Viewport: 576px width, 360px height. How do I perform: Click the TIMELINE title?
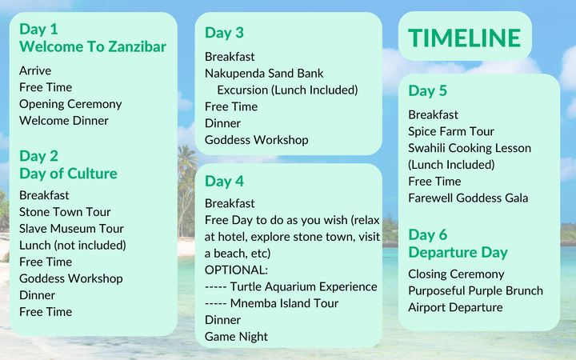464,38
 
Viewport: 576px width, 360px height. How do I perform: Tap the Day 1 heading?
38,30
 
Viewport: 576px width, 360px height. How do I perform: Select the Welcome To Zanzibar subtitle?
93,47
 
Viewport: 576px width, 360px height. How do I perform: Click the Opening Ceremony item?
70,104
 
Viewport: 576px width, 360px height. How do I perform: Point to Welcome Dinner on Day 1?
64,121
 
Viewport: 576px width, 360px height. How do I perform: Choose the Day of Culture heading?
68,174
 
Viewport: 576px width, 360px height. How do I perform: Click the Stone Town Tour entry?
65,212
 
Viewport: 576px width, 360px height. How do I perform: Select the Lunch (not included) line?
73,246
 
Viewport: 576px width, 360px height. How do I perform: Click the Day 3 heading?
224,33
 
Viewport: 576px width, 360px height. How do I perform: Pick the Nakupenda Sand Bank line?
264,74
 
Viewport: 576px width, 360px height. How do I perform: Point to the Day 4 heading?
224,180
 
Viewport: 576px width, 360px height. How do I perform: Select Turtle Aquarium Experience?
291,287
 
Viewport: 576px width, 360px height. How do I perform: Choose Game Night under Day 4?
236,337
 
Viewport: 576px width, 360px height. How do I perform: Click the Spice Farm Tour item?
451,131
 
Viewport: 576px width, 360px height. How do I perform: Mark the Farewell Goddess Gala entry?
468,198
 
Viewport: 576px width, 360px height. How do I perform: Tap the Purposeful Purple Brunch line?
475,291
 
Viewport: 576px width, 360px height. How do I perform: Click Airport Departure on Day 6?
455,308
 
